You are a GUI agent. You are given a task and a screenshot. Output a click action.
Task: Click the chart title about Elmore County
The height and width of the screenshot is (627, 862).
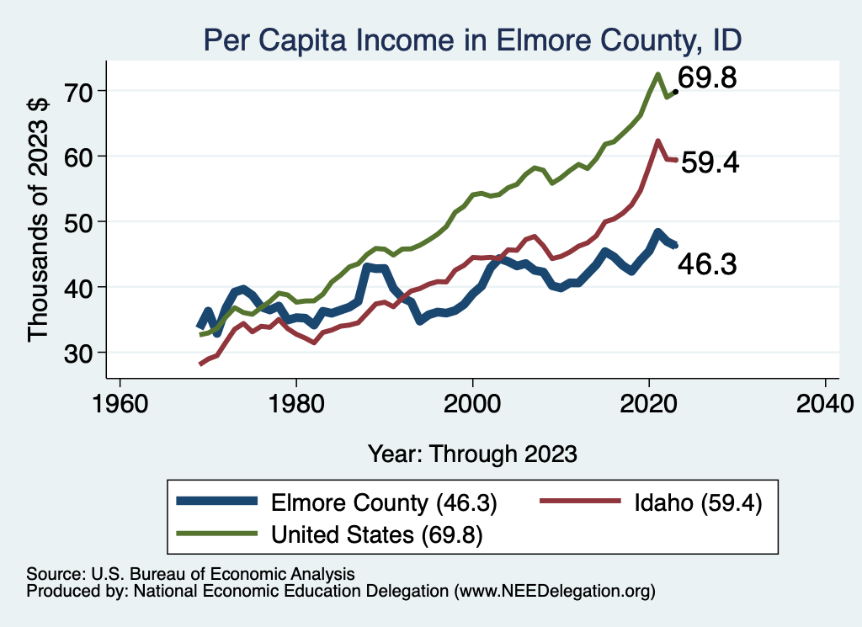coord(472,40)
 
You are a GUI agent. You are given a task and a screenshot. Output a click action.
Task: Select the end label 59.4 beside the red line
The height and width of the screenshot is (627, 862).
coord(710,162)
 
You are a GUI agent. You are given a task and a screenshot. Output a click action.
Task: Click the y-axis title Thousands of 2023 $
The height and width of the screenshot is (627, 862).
coord(39,221)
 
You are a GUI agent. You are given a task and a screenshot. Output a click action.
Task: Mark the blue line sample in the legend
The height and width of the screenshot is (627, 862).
coord(217,502)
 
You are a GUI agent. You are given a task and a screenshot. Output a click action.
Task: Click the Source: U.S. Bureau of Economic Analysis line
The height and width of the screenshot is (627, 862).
coord(190,574)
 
